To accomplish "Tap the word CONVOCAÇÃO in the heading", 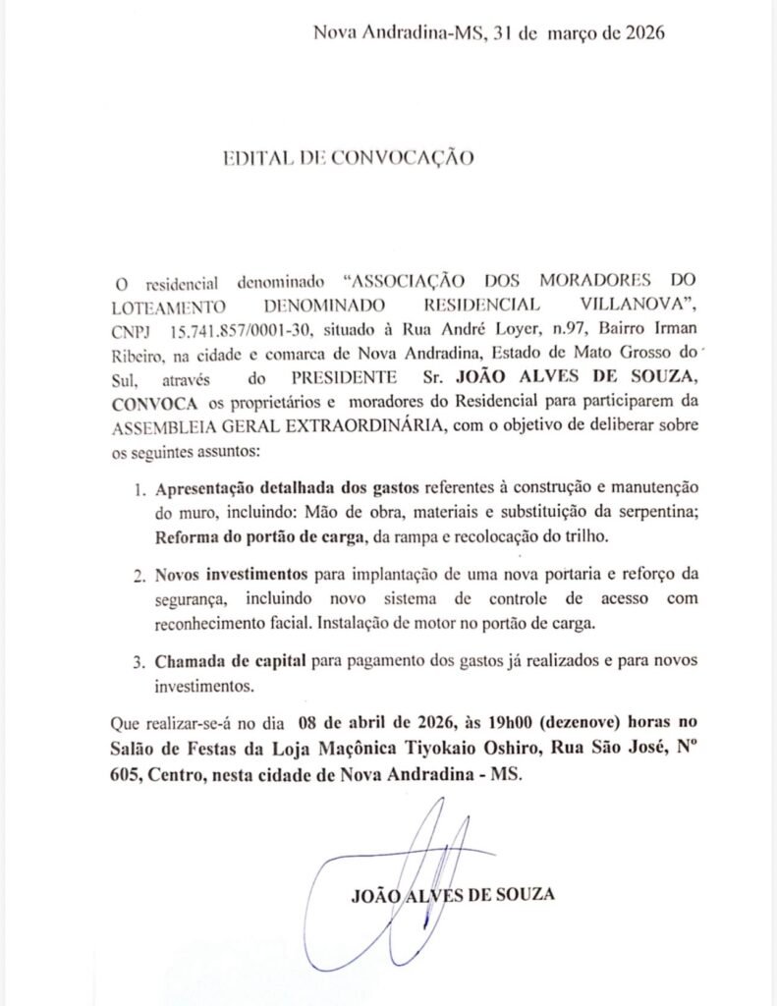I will point(402,157).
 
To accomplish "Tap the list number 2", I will point(138,575).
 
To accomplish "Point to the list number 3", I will point(138,660).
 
